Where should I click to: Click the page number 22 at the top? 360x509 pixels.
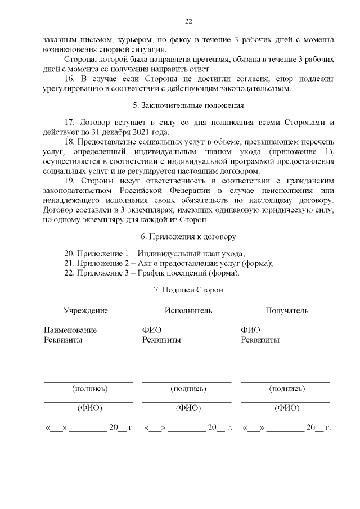coord(188,21)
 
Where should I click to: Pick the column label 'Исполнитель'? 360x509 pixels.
coord(188,310)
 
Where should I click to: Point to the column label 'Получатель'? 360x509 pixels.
coord(287,310)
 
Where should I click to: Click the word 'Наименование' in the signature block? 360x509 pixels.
coord(70,330)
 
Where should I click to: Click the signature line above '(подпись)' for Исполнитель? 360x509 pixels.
coord(187,382)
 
